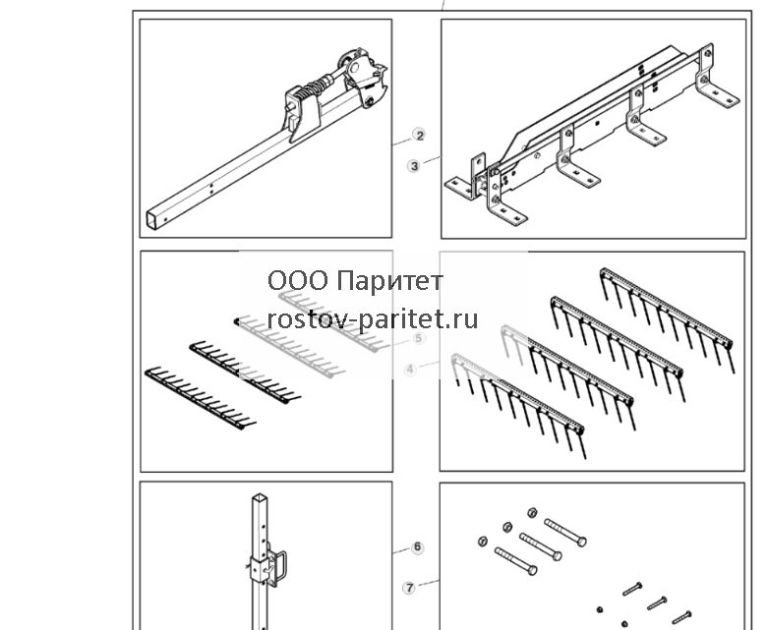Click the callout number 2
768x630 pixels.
[x=419, y=135]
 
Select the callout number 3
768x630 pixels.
[x=414, y=166]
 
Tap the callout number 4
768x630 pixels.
[x=410, y=370]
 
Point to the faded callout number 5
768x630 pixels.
[x=418, y=338]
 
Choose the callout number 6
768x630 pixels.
[x=417, y=546]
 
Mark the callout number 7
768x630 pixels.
[x=409, y=588]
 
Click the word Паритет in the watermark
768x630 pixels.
[x=390, y=281]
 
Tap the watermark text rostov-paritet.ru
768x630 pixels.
[x=373, y=319]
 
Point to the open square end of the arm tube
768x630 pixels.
[x=153, y=219]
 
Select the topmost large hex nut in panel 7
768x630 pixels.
[x=532, y=512]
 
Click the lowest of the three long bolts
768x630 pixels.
[x=515, y=561]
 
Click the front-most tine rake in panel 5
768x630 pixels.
[x=200, y=397]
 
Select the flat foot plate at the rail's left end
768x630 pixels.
[x=459, y=188]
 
